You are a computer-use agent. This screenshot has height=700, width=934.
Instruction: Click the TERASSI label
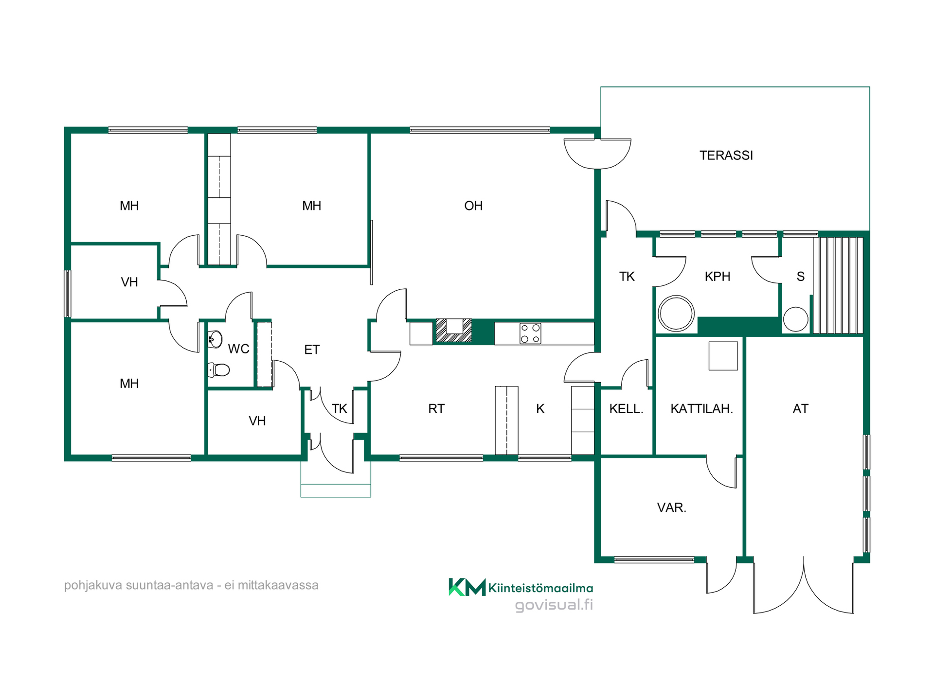click(x=726, y=156)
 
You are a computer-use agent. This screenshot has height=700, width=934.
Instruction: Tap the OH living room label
click(x=473, y=206)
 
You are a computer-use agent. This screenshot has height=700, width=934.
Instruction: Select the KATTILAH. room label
click(x=701, y=409)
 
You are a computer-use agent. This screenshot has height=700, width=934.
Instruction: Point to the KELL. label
click(x=626, y=409)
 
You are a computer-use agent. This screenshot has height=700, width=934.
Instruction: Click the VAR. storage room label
click(x=671, y=507)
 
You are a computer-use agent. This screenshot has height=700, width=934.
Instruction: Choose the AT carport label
click(x=800, y=409)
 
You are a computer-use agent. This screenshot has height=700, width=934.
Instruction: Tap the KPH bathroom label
click(x=718, y=277)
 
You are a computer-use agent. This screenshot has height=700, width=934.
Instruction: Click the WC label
click(x=238, y=349)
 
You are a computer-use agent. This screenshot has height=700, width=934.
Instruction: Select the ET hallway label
click(x=312, y=350)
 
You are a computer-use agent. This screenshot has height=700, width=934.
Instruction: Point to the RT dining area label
click(x=436, y=409)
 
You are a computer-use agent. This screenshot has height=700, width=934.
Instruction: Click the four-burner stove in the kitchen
click(x=530, y=333)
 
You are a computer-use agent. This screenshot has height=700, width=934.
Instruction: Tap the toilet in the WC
click(x=218, y=370)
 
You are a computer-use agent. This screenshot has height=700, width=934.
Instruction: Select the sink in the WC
click(x=215, y=339)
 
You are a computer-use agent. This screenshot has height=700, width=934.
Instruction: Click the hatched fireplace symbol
click(x=454, y=331)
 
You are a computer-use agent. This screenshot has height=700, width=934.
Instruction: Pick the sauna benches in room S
click(x=838, y=285)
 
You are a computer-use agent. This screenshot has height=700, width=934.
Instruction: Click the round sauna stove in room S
click(x=795, y=319)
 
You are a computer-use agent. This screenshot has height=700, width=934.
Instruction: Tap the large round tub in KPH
click(x=676, y=313)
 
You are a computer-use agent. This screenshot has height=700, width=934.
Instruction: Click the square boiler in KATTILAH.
click(x=723, y=356)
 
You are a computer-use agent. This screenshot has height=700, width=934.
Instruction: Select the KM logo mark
click(x=467, y=587)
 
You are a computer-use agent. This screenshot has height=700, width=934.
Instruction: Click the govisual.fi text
click(x=554, y=605)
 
